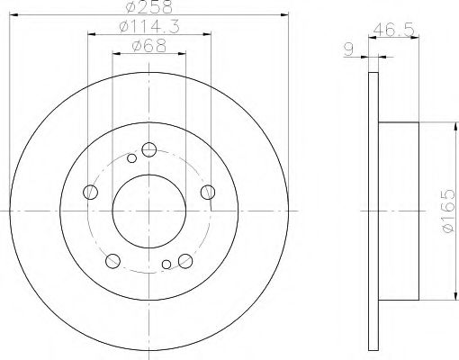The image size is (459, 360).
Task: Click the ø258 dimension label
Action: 149,6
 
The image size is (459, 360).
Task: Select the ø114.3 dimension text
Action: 149,27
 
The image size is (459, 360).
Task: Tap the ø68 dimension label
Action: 149,46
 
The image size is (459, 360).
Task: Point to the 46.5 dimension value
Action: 394,30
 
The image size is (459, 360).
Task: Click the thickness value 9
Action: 348,49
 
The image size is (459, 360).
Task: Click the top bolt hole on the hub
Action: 149,149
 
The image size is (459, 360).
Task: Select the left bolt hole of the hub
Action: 90,192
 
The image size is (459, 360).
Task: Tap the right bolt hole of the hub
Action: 208,192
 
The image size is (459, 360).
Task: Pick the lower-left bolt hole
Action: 112,261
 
